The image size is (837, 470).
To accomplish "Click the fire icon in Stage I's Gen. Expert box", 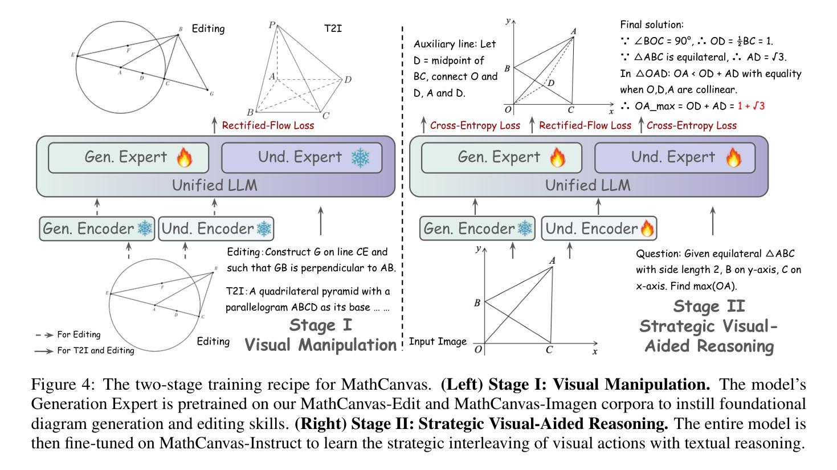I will tap(184, 157).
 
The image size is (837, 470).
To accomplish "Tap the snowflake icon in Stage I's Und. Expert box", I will tap(360, 157).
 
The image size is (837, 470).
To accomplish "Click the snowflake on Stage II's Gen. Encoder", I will tap(525, 229).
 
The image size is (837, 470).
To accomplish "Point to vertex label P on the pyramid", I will tap(272, 26).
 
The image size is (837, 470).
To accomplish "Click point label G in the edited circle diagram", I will tap(212, 93).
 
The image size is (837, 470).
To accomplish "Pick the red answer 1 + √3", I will tap(751, 106).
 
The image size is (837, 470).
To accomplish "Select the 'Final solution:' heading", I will tap(651, 25).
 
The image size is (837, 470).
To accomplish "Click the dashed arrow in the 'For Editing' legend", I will tap(44, 335).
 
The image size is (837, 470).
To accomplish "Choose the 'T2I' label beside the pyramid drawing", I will tap(333, 27).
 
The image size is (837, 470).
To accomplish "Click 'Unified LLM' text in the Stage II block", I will tap(588, 185).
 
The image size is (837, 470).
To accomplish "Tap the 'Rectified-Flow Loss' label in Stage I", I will tap(268, 125).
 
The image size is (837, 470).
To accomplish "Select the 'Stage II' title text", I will tap(709, 306).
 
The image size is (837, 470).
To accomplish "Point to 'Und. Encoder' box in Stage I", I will tap(216, 229).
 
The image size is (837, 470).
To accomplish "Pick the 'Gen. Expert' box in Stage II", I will tap(501, 157).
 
